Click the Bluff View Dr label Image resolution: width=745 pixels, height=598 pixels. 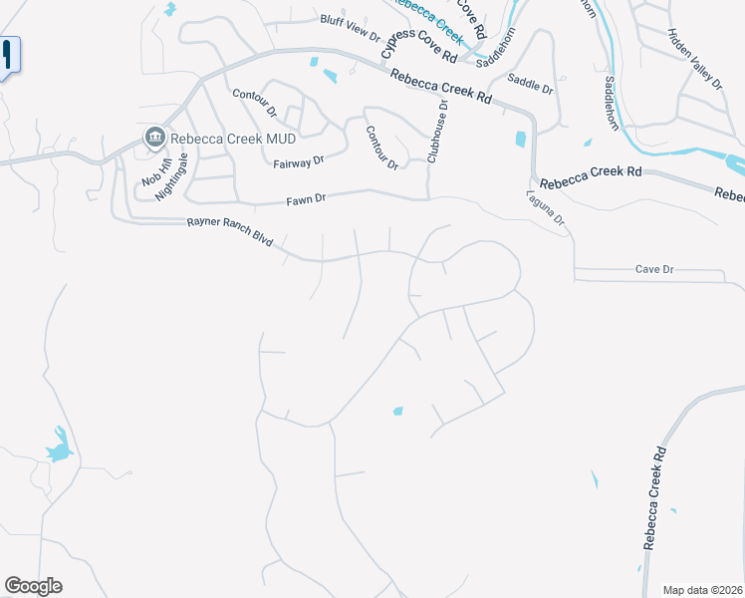(x=350, y=27)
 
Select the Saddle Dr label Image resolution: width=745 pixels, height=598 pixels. (x=529, y=83)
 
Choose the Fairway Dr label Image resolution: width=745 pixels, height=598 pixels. (x=299, y=160)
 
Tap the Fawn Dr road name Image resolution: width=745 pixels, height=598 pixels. (x=306, y=199)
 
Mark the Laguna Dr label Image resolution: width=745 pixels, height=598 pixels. (x=546, y=208)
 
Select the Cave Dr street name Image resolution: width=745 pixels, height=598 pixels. (x=654, y=269)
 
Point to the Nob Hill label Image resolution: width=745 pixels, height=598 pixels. (x=149, y=170)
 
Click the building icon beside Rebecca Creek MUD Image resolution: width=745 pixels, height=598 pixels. (x=154, y=137)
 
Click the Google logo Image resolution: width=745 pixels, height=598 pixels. (x=33, y=586)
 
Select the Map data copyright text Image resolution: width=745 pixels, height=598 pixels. (x=703, y=590)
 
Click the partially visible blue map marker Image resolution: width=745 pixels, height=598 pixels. (x=8, y=56)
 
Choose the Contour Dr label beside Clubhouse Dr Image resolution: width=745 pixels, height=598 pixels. (x=381, y=147)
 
